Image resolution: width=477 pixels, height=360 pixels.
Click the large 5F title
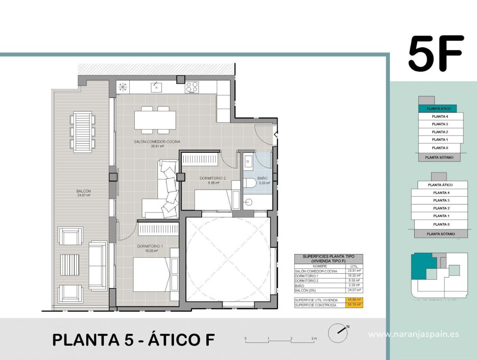436,54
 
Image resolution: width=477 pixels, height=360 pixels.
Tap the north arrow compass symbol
338,333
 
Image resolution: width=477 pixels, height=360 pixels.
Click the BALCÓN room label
84,193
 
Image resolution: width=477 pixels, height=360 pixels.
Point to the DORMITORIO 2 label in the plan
212,180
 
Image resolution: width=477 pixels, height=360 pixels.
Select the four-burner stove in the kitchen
192,87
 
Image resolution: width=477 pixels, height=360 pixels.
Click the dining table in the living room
155,120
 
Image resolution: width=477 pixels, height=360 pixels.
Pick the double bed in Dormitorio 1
153,274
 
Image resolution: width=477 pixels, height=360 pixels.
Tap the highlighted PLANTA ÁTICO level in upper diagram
438,108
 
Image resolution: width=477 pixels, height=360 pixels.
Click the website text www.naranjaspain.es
413,334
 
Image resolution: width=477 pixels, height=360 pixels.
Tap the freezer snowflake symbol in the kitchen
123,87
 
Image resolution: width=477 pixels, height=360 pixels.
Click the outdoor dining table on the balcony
82,131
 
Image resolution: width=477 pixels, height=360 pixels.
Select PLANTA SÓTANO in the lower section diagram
441,234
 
